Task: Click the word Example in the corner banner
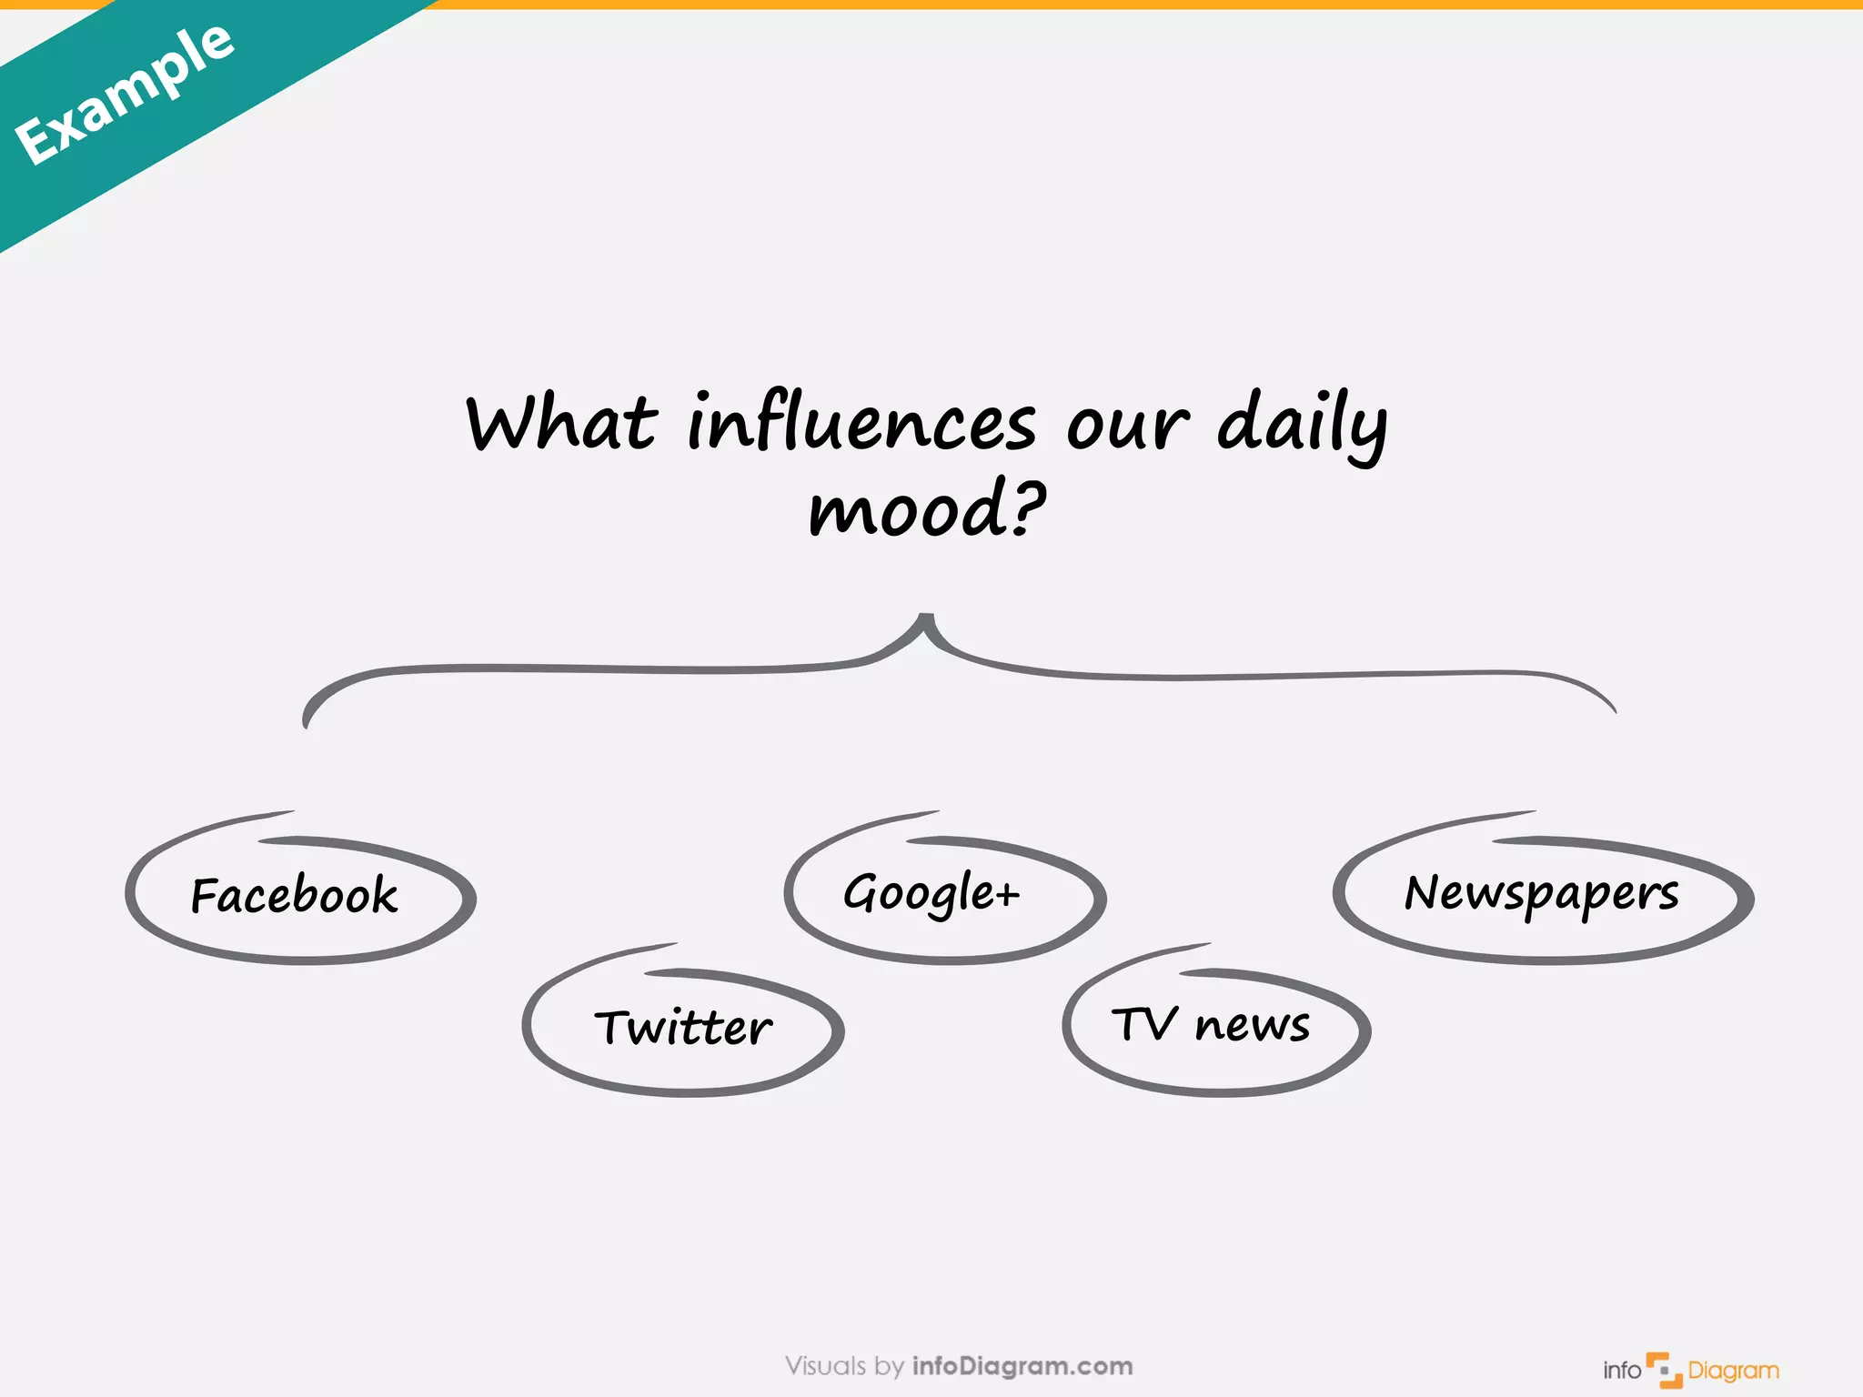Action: tap(125, 94)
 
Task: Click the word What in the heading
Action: tap(560, 424)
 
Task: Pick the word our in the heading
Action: tap(1127, 426)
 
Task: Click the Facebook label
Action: tap(294, 895)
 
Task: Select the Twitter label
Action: tap(683, 1028)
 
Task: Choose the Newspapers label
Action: tap(1541, 893)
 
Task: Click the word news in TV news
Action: tap(1253, 1026)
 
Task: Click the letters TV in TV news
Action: tap(1144, 1024)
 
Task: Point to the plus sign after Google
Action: tap(1007, 895)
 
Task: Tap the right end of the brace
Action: tap(1611, 708)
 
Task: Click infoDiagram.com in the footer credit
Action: tap(1022, 1366)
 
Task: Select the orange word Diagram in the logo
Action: tap(1733, 1371)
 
